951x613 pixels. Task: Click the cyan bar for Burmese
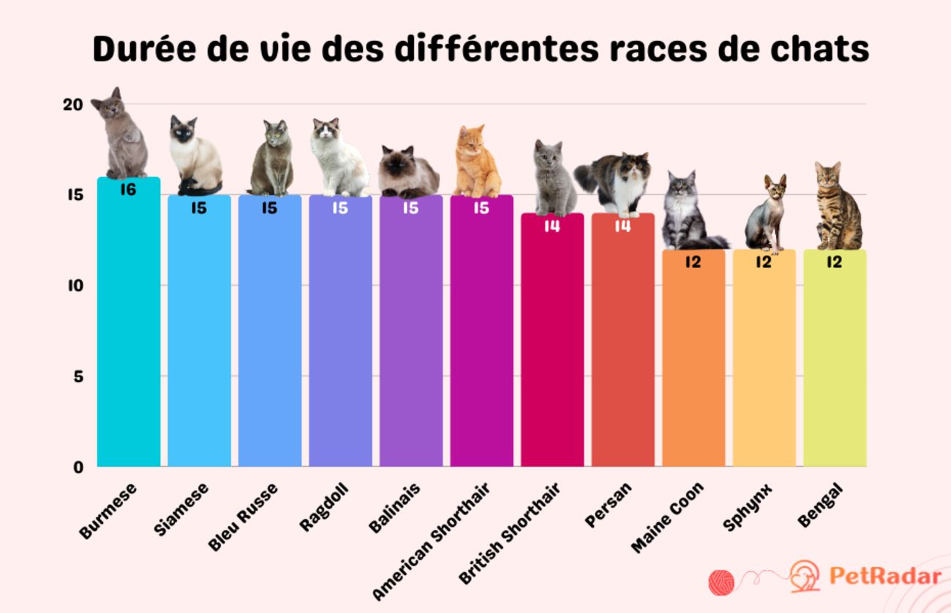(129, 329)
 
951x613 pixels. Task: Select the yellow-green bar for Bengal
(835, 365)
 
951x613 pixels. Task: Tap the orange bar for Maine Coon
(693, 365)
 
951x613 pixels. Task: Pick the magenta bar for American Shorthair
(481, 336)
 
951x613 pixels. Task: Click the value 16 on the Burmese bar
(129, 190)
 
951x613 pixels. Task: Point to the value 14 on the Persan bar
(623, 226)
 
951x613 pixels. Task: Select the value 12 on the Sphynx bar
(764, 262)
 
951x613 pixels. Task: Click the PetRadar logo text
(884, 576)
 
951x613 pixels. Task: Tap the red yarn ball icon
(721, 582)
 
